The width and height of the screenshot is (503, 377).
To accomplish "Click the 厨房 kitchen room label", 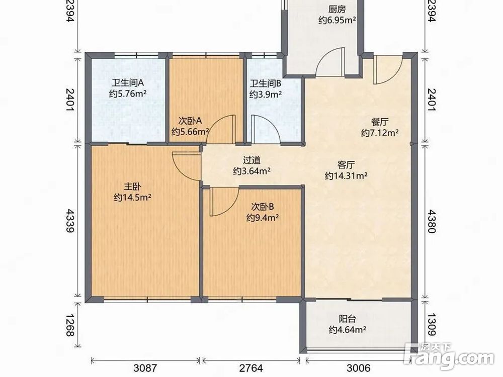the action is [x=337, y=9].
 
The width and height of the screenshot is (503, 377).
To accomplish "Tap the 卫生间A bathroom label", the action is [x=127, y=83].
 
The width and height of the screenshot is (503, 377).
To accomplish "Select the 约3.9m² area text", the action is [x=266, y=95].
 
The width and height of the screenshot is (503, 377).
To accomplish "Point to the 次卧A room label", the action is [x=190, y=121].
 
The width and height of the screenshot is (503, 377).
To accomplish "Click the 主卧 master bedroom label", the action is [x=132, y=186].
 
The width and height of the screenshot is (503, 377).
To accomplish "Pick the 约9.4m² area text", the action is [x=263, y=218].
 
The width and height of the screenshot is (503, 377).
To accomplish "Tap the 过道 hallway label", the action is [x=251, y=160].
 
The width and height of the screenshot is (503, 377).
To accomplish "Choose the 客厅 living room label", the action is [x=346, y=165].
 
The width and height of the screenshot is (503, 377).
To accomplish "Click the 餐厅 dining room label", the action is [x=380, y=122].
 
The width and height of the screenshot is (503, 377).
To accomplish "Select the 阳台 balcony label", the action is [x=348, y=319].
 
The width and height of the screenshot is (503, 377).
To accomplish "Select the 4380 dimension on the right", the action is [x=432, y=221].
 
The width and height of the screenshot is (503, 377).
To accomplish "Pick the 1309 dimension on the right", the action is [x=432, y=325].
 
